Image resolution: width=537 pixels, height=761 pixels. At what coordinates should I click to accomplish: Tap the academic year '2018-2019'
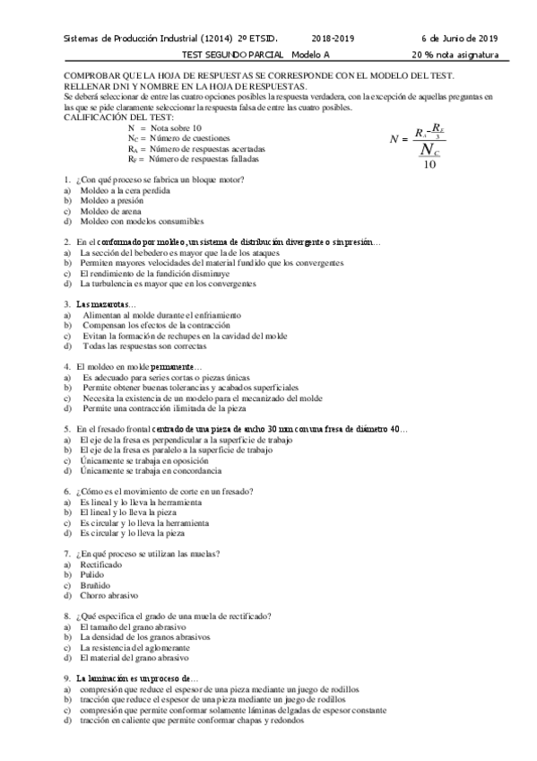click(333, 39)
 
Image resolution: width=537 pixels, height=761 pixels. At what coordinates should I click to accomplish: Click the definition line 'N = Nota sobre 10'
click(165, 129)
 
